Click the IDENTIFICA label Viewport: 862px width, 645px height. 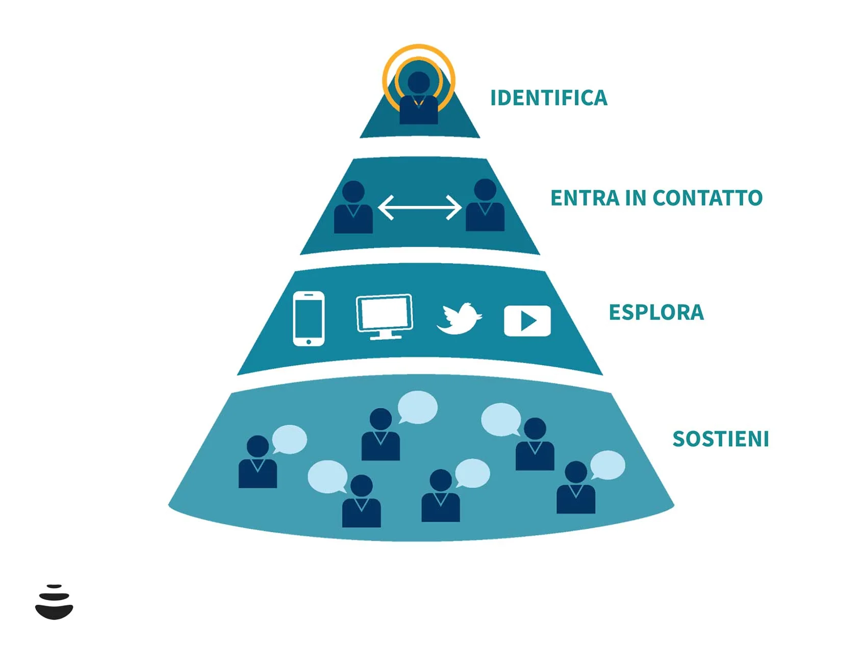point(548,98)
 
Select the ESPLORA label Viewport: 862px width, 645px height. point(656,312)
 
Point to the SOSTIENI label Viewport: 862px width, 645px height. point(720,438)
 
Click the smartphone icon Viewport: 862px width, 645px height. point(309,318)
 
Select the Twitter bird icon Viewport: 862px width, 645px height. point(459,319)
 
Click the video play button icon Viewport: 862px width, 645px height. point(527,321)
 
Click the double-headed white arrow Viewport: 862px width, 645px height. point(419,208)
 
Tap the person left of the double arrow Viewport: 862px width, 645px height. point(353,208)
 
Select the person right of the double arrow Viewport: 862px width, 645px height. point(485,206)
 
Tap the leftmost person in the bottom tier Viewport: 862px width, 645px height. point(258,462)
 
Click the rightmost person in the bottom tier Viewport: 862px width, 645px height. point(575,488)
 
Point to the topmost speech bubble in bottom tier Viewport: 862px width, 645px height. point(418,407)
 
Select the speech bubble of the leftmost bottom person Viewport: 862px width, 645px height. point(289,438)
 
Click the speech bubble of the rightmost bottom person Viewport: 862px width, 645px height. point(607,465)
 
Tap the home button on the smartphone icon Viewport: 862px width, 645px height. point(309,341)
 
